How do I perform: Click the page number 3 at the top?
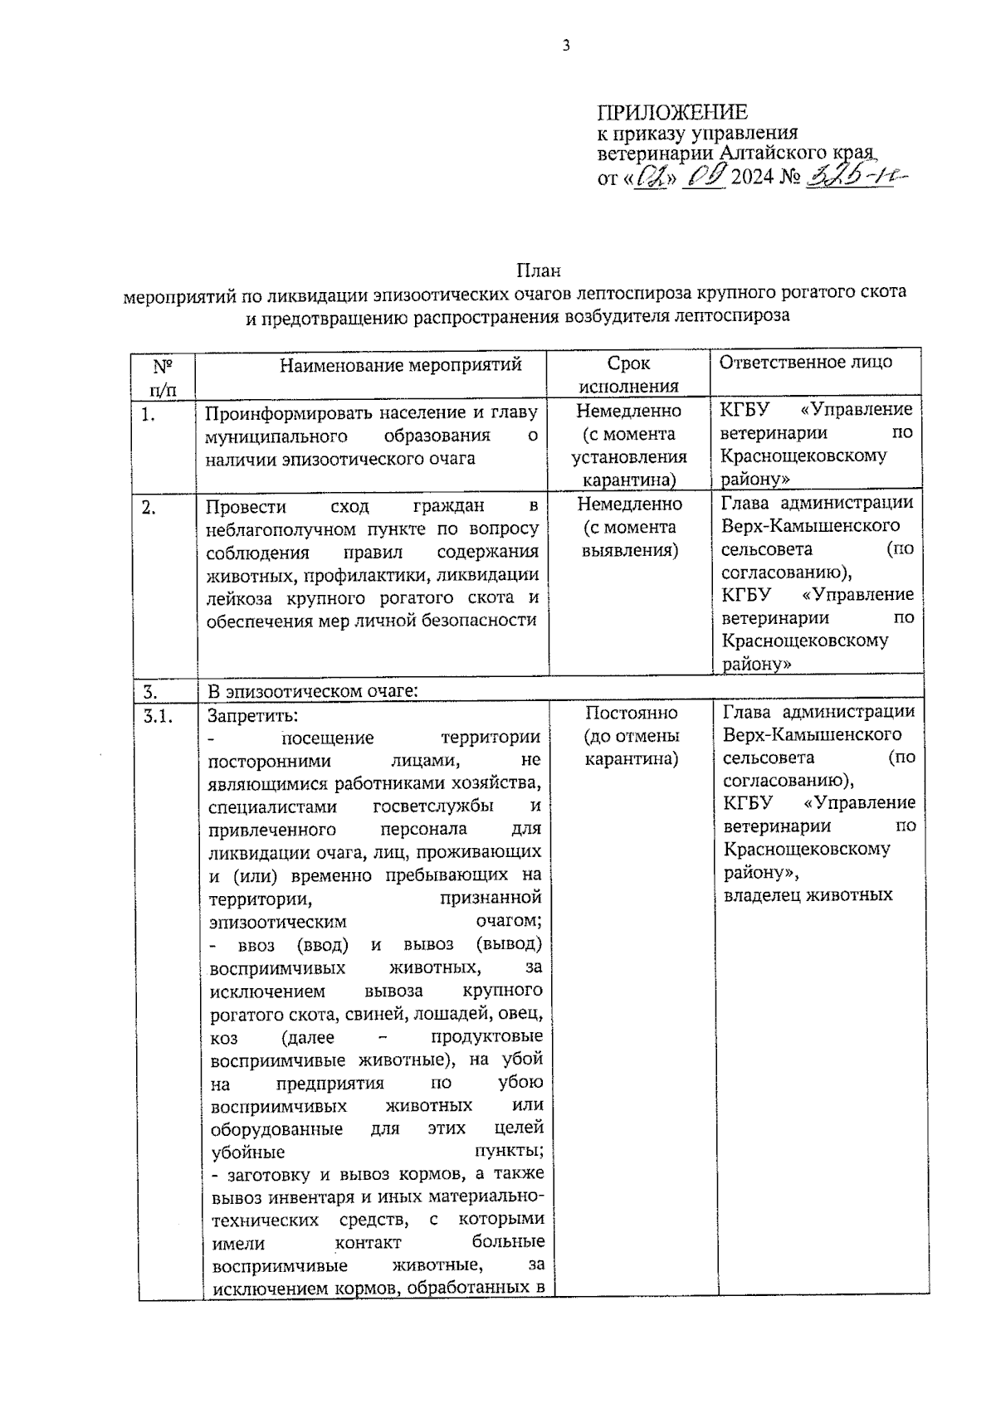point(567,46)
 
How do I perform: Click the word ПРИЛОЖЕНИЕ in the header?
point(672,112)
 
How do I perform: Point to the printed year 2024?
point(752,177)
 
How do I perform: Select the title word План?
point(539,270)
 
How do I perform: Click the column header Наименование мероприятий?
point(400,364)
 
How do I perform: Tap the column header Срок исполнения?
point(628,374)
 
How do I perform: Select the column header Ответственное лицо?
point(805,362)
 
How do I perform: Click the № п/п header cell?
point(163,377)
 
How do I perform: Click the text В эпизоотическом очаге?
point(311,690)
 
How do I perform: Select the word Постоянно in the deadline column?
point(631,713)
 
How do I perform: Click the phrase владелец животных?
point(807,895)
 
